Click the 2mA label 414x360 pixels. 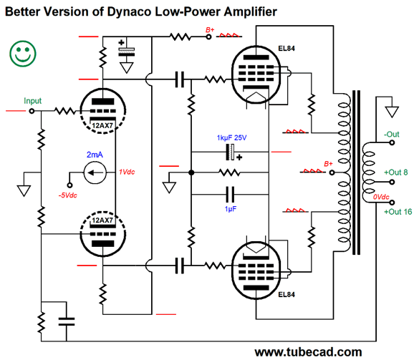pyautogui.click(x=95, y=155)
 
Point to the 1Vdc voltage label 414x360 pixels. pyautogui.click(x=129, y=172)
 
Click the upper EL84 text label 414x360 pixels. pyautogui.click(x=286, y=49)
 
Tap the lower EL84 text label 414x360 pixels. pyautogui.click(x=286, y=295)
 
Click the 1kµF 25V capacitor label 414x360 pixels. pyautogui.click(x=232, y=137)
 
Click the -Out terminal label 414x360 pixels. pyautogui.click(x=391, y=134)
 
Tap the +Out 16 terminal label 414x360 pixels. pyautogui.click(x=398, y=212)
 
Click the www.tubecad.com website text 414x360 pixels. pyautogui.click(x=308, y=351)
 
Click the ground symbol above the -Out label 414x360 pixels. pyautogui.click(x=391, y=112)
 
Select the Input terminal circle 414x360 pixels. pyautogui.click(x=31, y=112)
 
